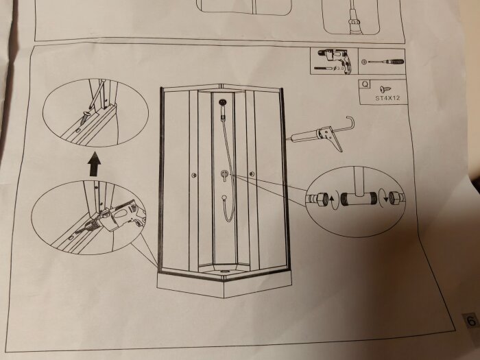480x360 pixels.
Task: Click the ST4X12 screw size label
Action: (x=387, y=98)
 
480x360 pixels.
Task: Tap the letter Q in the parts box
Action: (x=365, y=84)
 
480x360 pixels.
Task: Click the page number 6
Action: (x=472, y=320)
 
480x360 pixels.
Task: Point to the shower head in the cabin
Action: (x=223, y=102)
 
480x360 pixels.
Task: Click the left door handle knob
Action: (x=194, y=175)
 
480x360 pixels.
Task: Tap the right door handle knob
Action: (x=252, y=174)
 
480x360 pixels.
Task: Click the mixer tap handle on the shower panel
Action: (x=225, y=175)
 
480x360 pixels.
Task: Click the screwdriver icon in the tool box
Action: (x=386, y=62)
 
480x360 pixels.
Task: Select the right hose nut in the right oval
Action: (x=397, y=197)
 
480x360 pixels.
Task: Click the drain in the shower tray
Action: (x=225, y=271)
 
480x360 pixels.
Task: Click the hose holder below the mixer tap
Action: (x=224, y=198)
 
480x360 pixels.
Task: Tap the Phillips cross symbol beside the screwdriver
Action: (x=363, y=62)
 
